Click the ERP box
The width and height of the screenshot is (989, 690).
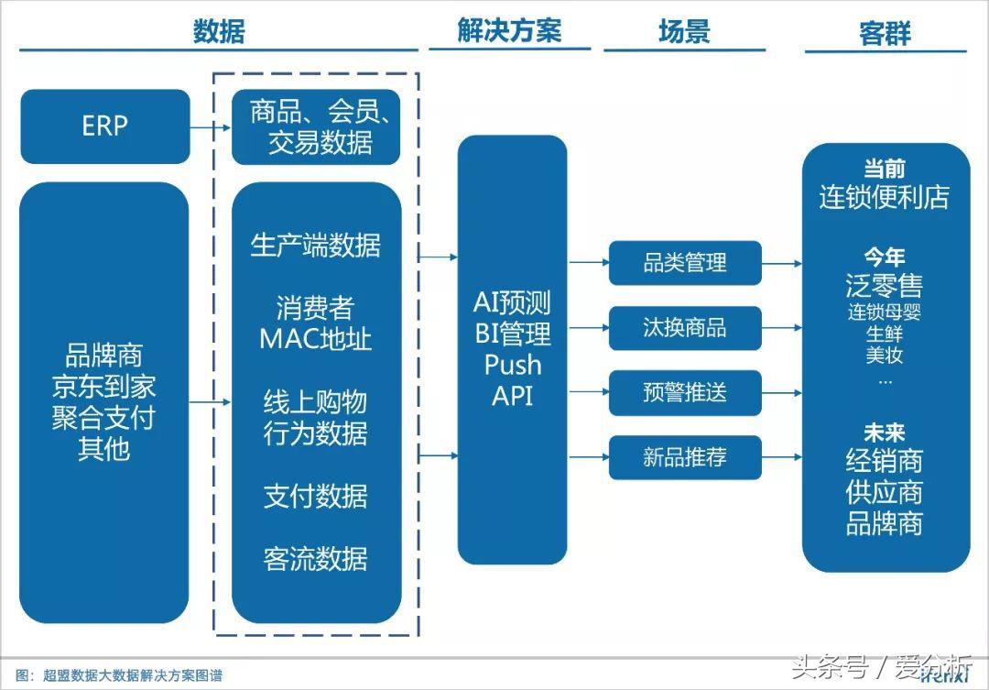pos(104,126)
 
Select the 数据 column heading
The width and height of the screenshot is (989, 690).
pos(219,32)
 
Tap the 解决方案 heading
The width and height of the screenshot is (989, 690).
pos(509,31)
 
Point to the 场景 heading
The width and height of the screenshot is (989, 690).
pos(684,32)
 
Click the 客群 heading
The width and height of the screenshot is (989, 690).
pos(885,34)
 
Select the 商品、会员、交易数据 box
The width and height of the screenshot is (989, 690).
pos(316,127)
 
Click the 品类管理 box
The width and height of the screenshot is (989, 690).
pos(685,264)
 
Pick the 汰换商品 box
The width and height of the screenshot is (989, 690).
pos(685,328)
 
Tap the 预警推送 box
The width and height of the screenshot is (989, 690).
pos(685,392)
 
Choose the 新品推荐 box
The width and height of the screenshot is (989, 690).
pos(685,457)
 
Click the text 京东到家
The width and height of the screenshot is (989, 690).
pos(103,386)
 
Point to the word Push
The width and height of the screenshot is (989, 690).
pos(513,365)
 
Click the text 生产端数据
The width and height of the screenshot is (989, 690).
pos(316,246)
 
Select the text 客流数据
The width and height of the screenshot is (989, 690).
pos(316,558)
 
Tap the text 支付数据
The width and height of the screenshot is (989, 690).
pos(316,496)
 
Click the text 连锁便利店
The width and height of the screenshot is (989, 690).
pos(885,197)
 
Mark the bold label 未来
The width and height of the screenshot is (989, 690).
pos(885,432)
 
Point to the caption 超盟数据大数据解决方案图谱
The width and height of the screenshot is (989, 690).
pos(133,676)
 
